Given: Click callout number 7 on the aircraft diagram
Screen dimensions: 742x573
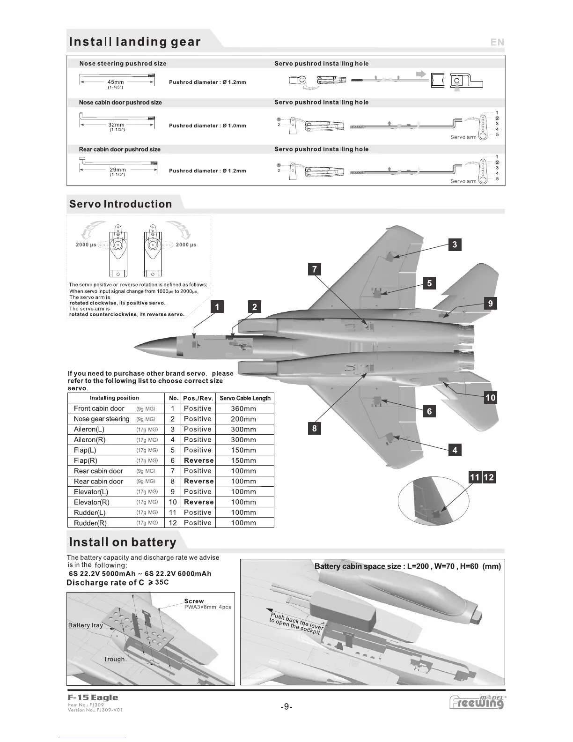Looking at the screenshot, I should [314, 269].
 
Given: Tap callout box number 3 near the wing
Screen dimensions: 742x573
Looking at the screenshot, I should [455, 245].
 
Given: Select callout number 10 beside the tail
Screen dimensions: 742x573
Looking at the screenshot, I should [490, 398].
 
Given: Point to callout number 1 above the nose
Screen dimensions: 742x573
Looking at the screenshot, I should [217, 307].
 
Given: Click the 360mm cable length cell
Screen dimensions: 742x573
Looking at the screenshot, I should [243, 408].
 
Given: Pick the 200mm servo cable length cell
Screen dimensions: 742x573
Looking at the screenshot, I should [243, 419].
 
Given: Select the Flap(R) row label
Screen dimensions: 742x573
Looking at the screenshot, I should [86, 460].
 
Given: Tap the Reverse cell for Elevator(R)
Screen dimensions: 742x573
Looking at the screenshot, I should [198, 502].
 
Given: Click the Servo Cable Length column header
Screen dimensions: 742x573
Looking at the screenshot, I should [245, 398].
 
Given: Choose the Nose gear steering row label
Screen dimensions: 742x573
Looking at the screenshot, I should [102, 419].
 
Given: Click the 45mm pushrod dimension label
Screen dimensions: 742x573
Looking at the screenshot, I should [116, 82].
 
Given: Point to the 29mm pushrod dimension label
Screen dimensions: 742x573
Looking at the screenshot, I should [118, 170].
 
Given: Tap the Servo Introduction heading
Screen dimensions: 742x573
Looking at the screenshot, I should [121, 204].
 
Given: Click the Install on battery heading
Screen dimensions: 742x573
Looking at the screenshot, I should [123, 542].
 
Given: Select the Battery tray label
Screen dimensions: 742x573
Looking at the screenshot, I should [85, 625].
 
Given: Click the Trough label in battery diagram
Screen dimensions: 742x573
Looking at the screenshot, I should [114, 659].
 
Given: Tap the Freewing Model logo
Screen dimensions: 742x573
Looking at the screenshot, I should [477, 702].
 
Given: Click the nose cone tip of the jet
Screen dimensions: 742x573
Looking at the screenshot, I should [136, 347].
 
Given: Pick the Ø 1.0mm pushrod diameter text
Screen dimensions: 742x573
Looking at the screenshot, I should [233, 126].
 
